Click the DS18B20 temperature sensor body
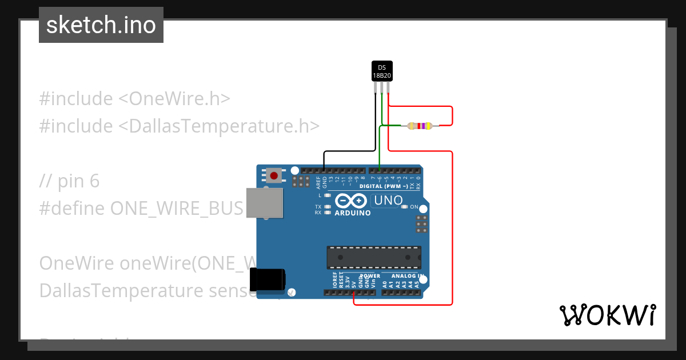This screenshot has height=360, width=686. (382, 71)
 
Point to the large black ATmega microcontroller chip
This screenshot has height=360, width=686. (374, 258)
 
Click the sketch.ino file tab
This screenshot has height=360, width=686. (101, 25)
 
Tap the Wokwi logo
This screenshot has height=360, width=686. (607, 315)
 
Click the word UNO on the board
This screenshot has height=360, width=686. (388, 201)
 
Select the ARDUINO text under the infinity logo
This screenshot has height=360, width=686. (352, 213)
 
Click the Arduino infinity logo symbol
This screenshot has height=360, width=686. (351, 201)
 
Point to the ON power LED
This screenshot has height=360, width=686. (405, 207)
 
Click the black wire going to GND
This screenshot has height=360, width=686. (349, 152)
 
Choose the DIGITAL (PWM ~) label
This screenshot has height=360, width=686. (384, 186)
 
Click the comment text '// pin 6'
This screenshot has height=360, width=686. (69, 181)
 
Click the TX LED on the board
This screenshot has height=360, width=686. (327, 207)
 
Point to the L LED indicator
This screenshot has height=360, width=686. (327, 195)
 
